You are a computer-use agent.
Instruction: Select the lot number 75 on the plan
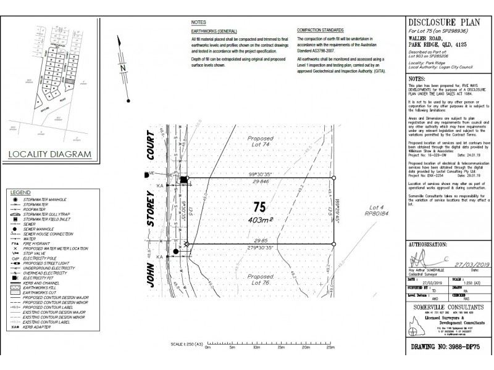259,207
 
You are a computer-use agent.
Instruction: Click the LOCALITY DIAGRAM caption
52,154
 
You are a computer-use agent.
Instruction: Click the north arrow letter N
124,68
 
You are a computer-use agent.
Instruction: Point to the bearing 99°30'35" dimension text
261,175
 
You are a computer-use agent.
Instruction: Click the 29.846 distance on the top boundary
261,183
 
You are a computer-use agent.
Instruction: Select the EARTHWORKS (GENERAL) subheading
212,30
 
